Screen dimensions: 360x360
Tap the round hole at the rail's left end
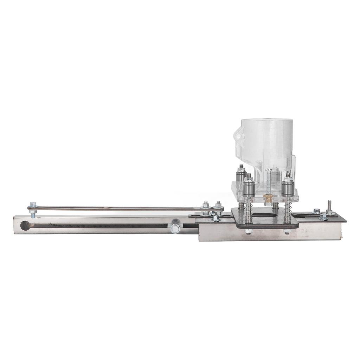(x=25, y=225)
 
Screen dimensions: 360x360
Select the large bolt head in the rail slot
(x=175, y=228)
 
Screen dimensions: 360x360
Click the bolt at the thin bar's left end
(x=33, y=205)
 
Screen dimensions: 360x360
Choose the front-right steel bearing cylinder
(x=288, y=188)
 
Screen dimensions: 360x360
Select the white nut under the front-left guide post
(x=249, y=231)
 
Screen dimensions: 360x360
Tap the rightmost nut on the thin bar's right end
(x=218, y=204)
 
